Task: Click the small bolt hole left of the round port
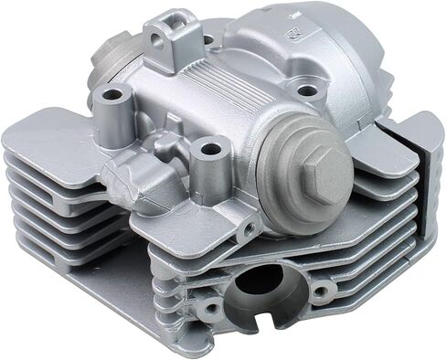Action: pyautogui.click(x=211, y=309)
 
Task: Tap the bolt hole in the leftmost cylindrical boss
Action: pyautogui.click(x=112, y=94)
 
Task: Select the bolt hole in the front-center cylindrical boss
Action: pyautogui.click(x=210, y=147)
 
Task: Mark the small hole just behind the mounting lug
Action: pyautogui.click(x=208, y=40)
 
